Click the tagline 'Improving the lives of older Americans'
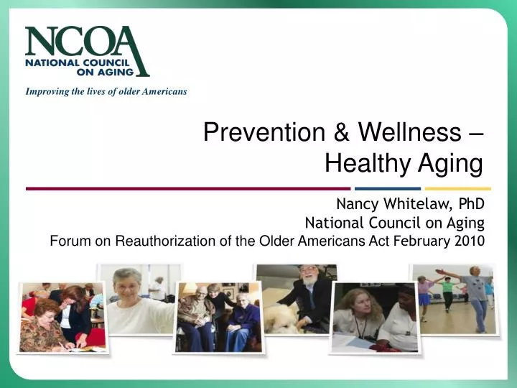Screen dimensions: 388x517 [x=106, y=91]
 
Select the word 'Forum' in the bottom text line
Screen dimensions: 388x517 [x=70, y=241]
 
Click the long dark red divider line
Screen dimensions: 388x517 [x=187, y=188]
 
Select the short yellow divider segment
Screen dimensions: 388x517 [x=460, y=188]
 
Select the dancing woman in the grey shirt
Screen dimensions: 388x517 [x=475, y=295]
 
